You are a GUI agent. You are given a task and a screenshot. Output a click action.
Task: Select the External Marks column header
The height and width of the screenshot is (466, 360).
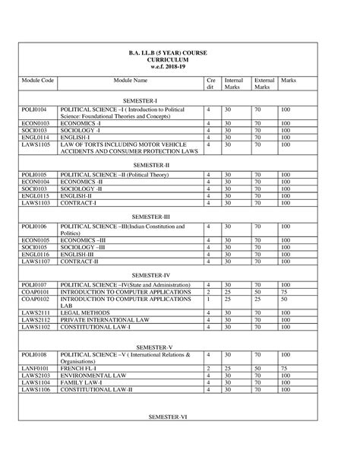pyautogui.click(x=264, y=84)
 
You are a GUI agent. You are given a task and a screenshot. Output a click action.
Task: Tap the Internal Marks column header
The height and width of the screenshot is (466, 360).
pyautogui.click(x=233, y=84)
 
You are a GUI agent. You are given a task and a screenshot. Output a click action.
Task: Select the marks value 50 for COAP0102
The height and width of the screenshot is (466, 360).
pyautogui.click(x=283, y=300)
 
